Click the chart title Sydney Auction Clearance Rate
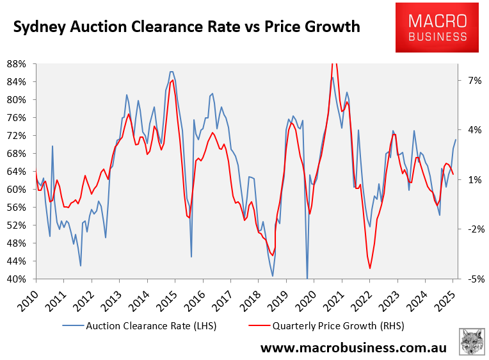click(186, 28)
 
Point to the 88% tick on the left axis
click(16, 63)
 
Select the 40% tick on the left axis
click(16, 279)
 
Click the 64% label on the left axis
click(16, 172)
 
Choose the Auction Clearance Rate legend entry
click(140, 325)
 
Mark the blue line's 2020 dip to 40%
click(307, 278)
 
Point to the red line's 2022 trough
click(370, 268)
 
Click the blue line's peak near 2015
click(172, 72)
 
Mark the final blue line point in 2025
click(456, 140)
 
